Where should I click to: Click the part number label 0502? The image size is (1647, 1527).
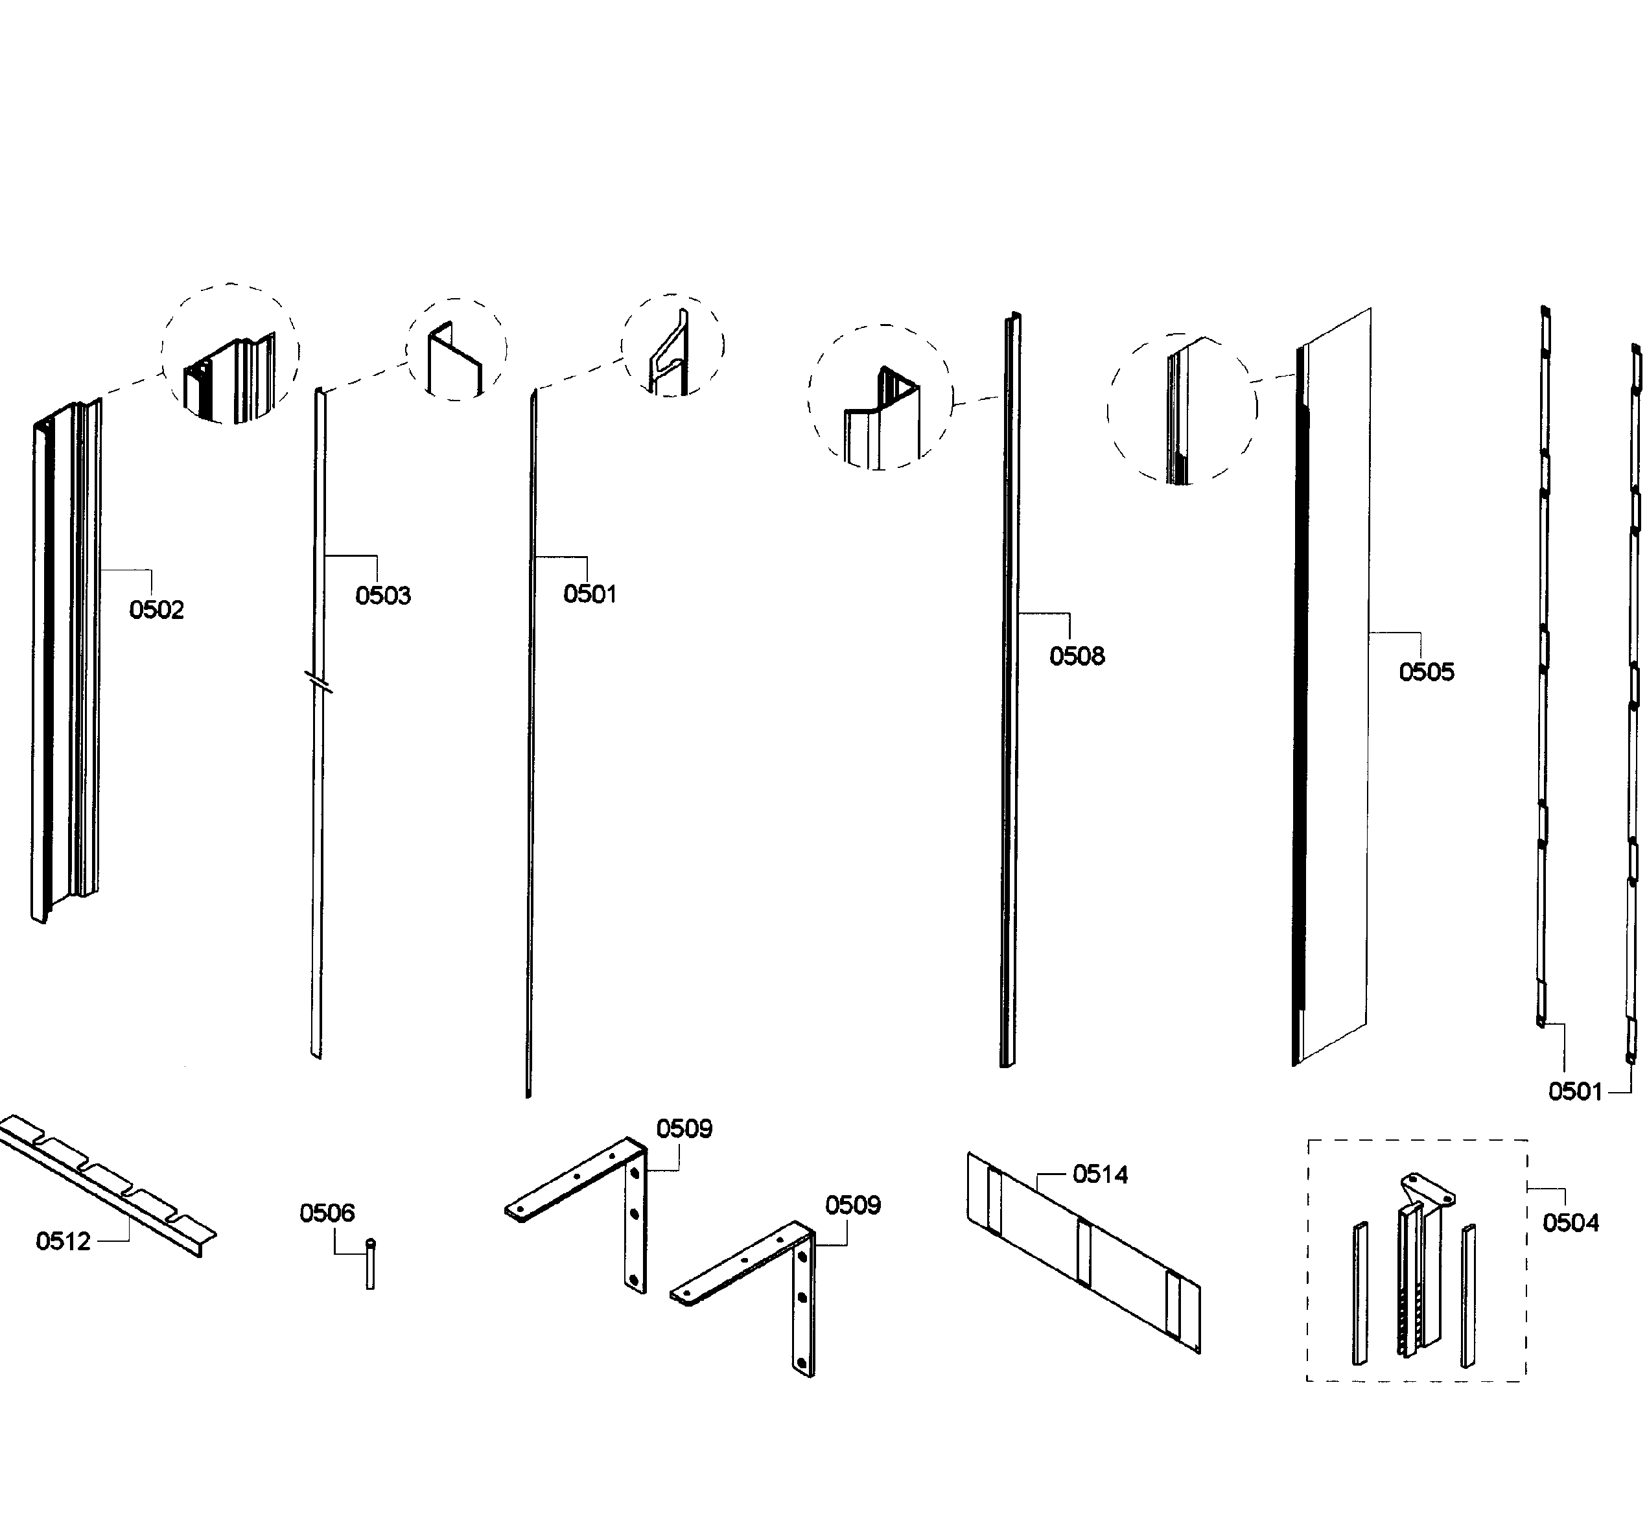(x=156, y=610)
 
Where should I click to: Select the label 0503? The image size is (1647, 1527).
(x=382, y=596)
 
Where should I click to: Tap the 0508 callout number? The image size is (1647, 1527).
(x=1077, y=656)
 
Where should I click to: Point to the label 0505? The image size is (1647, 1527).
(x=1427, y=671)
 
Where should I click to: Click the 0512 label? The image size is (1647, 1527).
(x=63, y=1241)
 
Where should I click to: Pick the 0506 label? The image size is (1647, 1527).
(x=327, y=1213)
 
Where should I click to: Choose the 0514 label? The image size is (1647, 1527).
(x=1100, y=1174)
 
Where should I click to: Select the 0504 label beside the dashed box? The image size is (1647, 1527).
(x=1570, y=1223)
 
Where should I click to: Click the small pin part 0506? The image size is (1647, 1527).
(x=370, y=1265)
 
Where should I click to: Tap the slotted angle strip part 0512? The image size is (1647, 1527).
(x=108, y=1182)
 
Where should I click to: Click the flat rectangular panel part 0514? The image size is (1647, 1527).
(x=1082, y=1252)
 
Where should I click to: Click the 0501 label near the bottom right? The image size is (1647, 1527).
(x=1575, y=1091)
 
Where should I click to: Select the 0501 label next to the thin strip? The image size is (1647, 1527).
(x=590, y=594)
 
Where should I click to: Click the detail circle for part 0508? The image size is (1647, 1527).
(x=880, y=397)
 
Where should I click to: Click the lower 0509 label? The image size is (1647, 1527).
(x=853, y=1206)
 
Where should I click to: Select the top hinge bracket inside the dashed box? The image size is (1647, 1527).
(x=1429, y=1190)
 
